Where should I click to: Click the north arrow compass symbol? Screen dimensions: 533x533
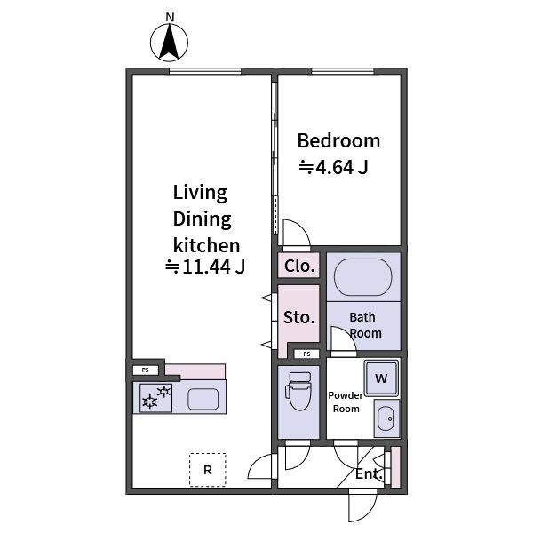click(171, 41)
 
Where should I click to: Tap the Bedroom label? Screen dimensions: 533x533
click(338, 140)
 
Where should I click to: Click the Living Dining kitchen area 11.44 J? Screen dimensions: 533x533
click(205, 266)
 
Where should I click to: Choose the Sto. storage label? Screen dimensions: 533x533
click(298, 317)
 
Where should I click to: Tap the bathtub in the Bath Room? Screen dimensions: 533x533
click(362, 277)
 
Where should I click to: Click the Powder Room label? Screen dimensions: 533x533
click(346, 402)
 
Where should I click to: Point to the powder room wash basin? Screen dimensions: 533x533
click(385, 418)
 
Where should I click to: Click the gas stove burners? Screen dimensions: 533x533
click(156, 397)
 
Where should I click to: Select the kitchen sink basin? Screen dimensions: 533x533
click(203, 399)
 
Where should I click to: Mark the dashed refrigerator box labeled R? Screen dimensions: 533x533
click(207, 470)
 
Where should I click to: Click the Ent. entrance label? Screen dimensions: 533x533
click(369, 474)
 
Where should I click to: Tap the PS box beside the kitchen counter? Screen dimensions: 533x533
click(147, 370)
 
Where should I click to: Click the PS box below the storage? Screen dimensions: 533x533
click(306, 354)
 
